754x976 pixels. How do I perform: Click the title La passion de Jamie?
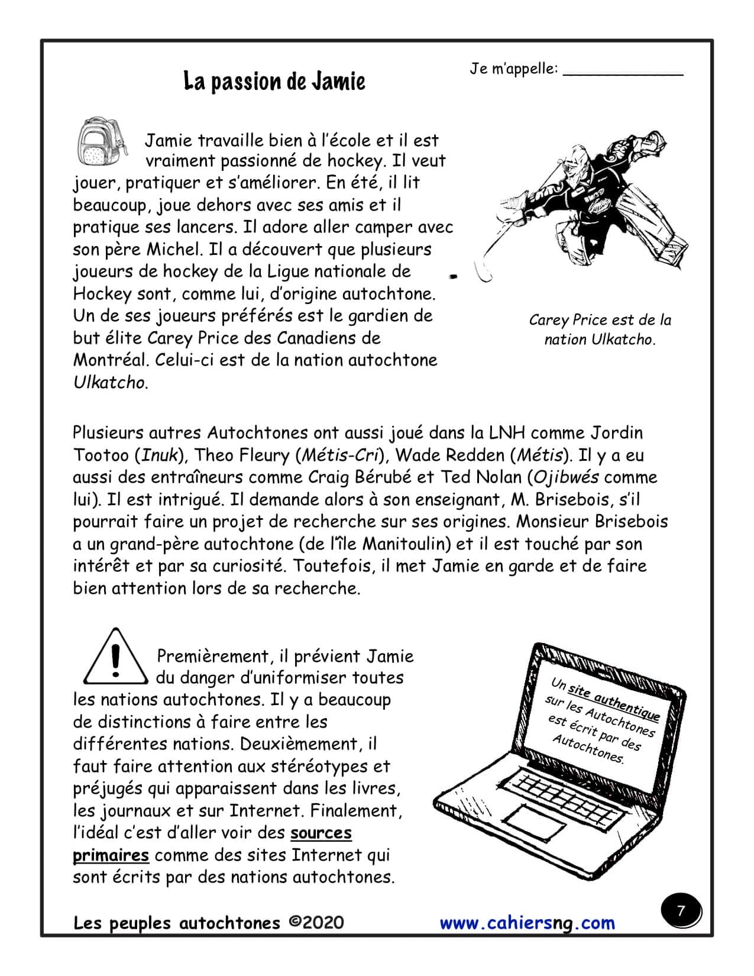pos(274,82)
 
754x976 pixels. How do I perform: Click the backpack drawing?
pos(102,140)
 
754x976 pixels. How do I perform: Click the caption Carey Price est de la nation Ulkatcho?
pos(600,329)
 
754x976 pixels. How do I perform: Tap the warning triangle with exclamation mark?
pos(115,657)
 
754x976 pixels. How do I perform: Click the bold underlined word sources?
pos(321,833)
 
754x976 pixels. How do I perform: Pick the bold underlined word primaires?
pos(111,855)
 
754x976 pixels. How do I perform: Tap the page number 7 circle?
pos(681,911)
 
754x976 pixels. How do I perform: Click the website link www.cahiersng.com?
pos(527,923)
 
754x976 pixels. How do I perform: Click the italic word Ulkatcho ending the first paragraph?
pos(109,383)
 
